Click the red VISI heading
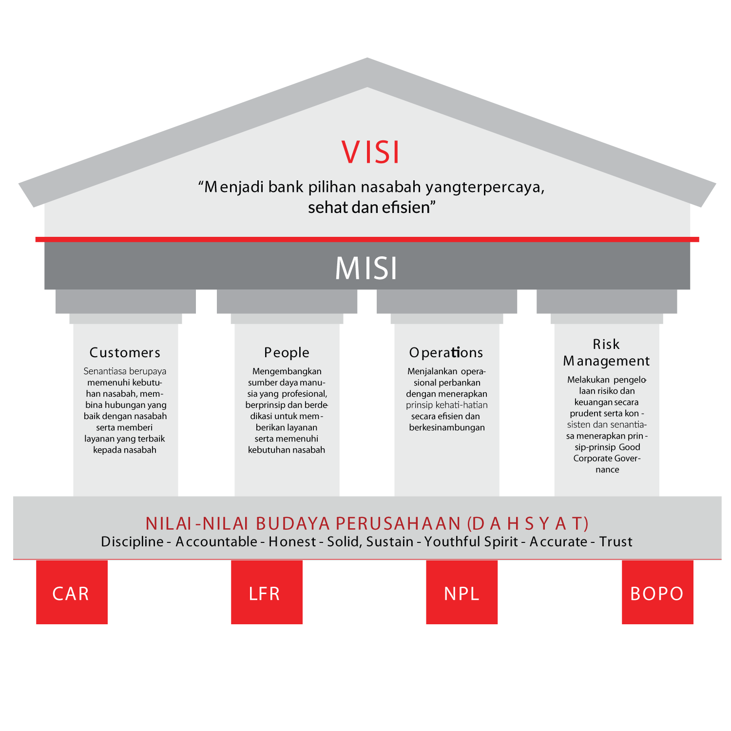pyautogui.click(x=370, y=152)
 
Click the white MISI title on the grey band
pyautogui.click(x=366, y=268)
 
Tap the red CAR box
pyautogui.click(x=72, y=592)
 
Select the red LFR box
pyautogui.click(x=267, y=592)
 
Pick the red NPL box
pyautogui.click(x=462, y=592)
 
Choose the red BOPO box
pyautogui.click(x=657, y=592)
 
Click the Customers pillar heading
pyautogui.click(x=125, y=352)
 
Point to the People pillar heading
pyautogui.click(x=287, y=352)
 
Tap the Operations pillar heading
pyautogui.click(x=446, y=352)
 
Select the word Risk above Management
pyautogui.click(x=606, y=344)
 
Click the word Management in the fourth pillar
pyautogui.click(x=606, y=361)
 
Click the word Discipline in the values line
pyautogui.click(x=132, y=541)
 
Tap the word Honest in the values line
pyautogui.click(x=292, y=541)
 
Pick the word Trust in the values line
pyautogui.click(x=616, y=541)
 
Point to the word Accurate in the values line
pyautogui.click(x=558, y=541)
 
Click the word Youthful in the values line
pyautogui.click(x=448, y=541)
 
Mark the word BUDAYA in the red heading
pyautogui.click(x=293, y=523)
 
